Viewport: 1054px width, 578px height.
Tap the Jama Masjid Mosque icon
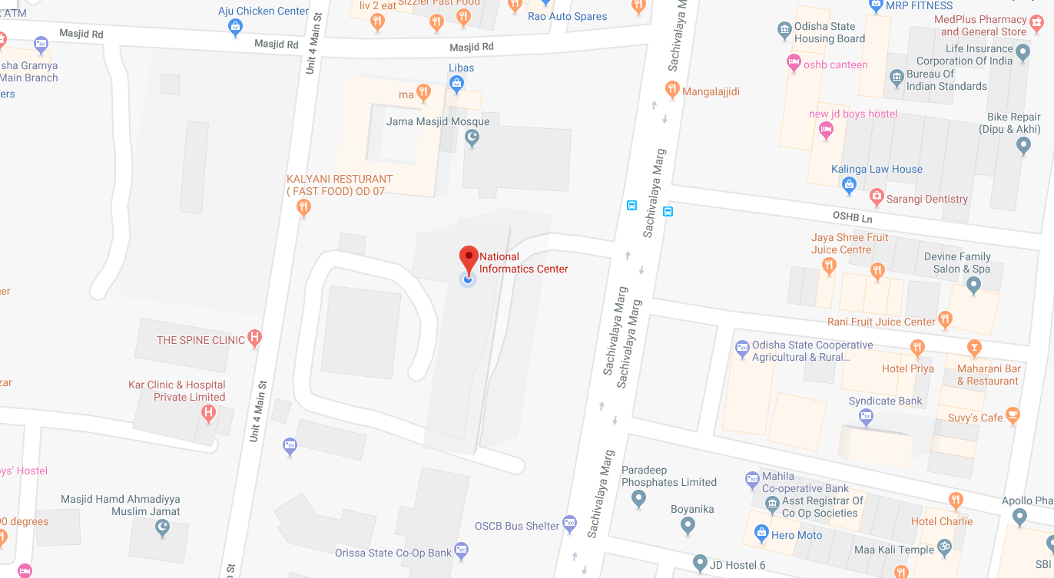pyautogui.click(x=472, y=138)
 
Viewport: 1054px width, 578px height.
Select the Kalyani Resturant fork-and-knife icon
pyautogui.click(x=303, y=206)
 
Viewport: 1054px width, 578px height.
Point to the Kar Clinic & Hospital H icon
pyautogui.click(x=207, y=414)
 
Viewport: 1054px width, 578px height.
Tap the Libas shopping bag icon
pyautogui.click(x=456, y=84)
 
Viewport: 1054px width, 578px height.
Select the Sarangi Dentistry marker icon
pyautogui.click(x=876, y=198)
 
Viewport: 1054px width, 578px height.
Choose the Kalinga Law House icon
pyautogui.click(x=849, y=184)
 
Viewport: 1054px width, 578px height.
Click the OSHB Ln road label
pyautogui.click(x=853, y=219)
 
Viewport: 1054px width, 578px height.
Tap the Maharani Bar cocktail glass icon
pyautogui.click(x=974, y=348)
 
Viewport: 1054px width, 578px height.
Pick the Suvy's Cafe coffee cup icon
pyautogui.click(x=1013, y=417)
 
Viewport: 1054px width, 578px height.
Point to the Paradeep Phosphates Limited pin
pyautogui.click(x=638, y=499)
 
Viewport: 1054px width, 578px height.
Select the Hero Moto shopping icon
pyautogui.click(x=761, y=533)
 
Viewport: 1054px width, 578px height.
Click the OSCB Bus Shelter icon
pyautogui.click(x=569, y=524)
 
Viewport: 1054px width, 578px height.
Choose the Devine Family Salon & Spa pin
pyautogui.click(x=974, y=285)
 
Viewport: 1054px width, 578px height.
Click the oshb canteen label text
pyautogui.click(x=836, y=64)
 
